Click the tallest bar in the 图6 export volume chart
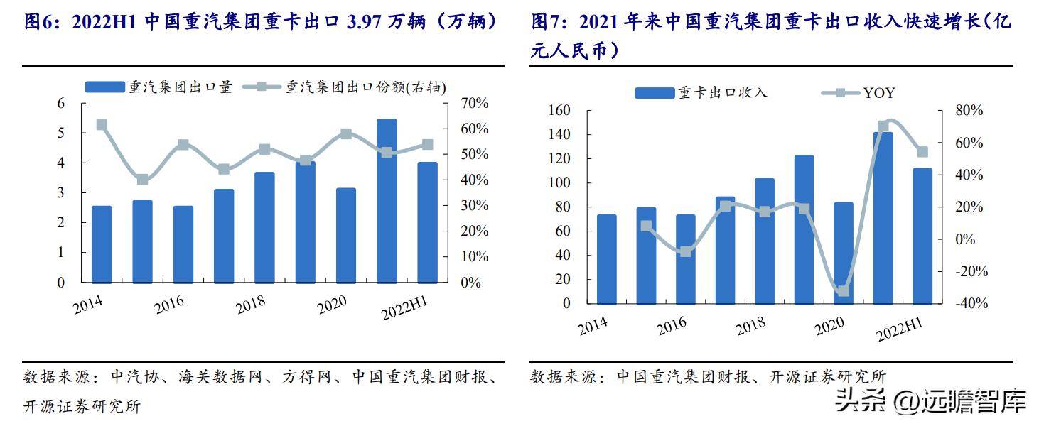pyautogui.click(x=387, y=200)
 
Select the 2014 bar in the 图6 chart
pyautogui.click(x=102, y=244)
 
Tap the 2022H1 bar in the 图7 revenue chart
pyautogui.click(x=922, y=235)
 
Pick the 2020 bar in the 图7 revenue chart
pyautogui.click(x=843, y=252)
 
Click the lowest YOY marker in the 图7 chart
pyautogui.click(x=843, y=291)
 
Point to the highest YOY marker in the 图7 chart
pyautogui.click(x=883, y=126)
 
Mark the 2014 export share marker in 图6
pyautogui.click(x=102, y=125)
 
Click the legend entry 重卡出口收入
pyautogui.click(x=701, y=93)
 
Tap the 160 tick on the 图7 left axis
pyautogui.click(x=560, y=111)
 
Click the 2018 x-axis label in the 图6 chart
pyautogui.click(x=251, y=303)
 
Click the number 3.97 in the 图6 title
pyautogui.click(x=365, y=23)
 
